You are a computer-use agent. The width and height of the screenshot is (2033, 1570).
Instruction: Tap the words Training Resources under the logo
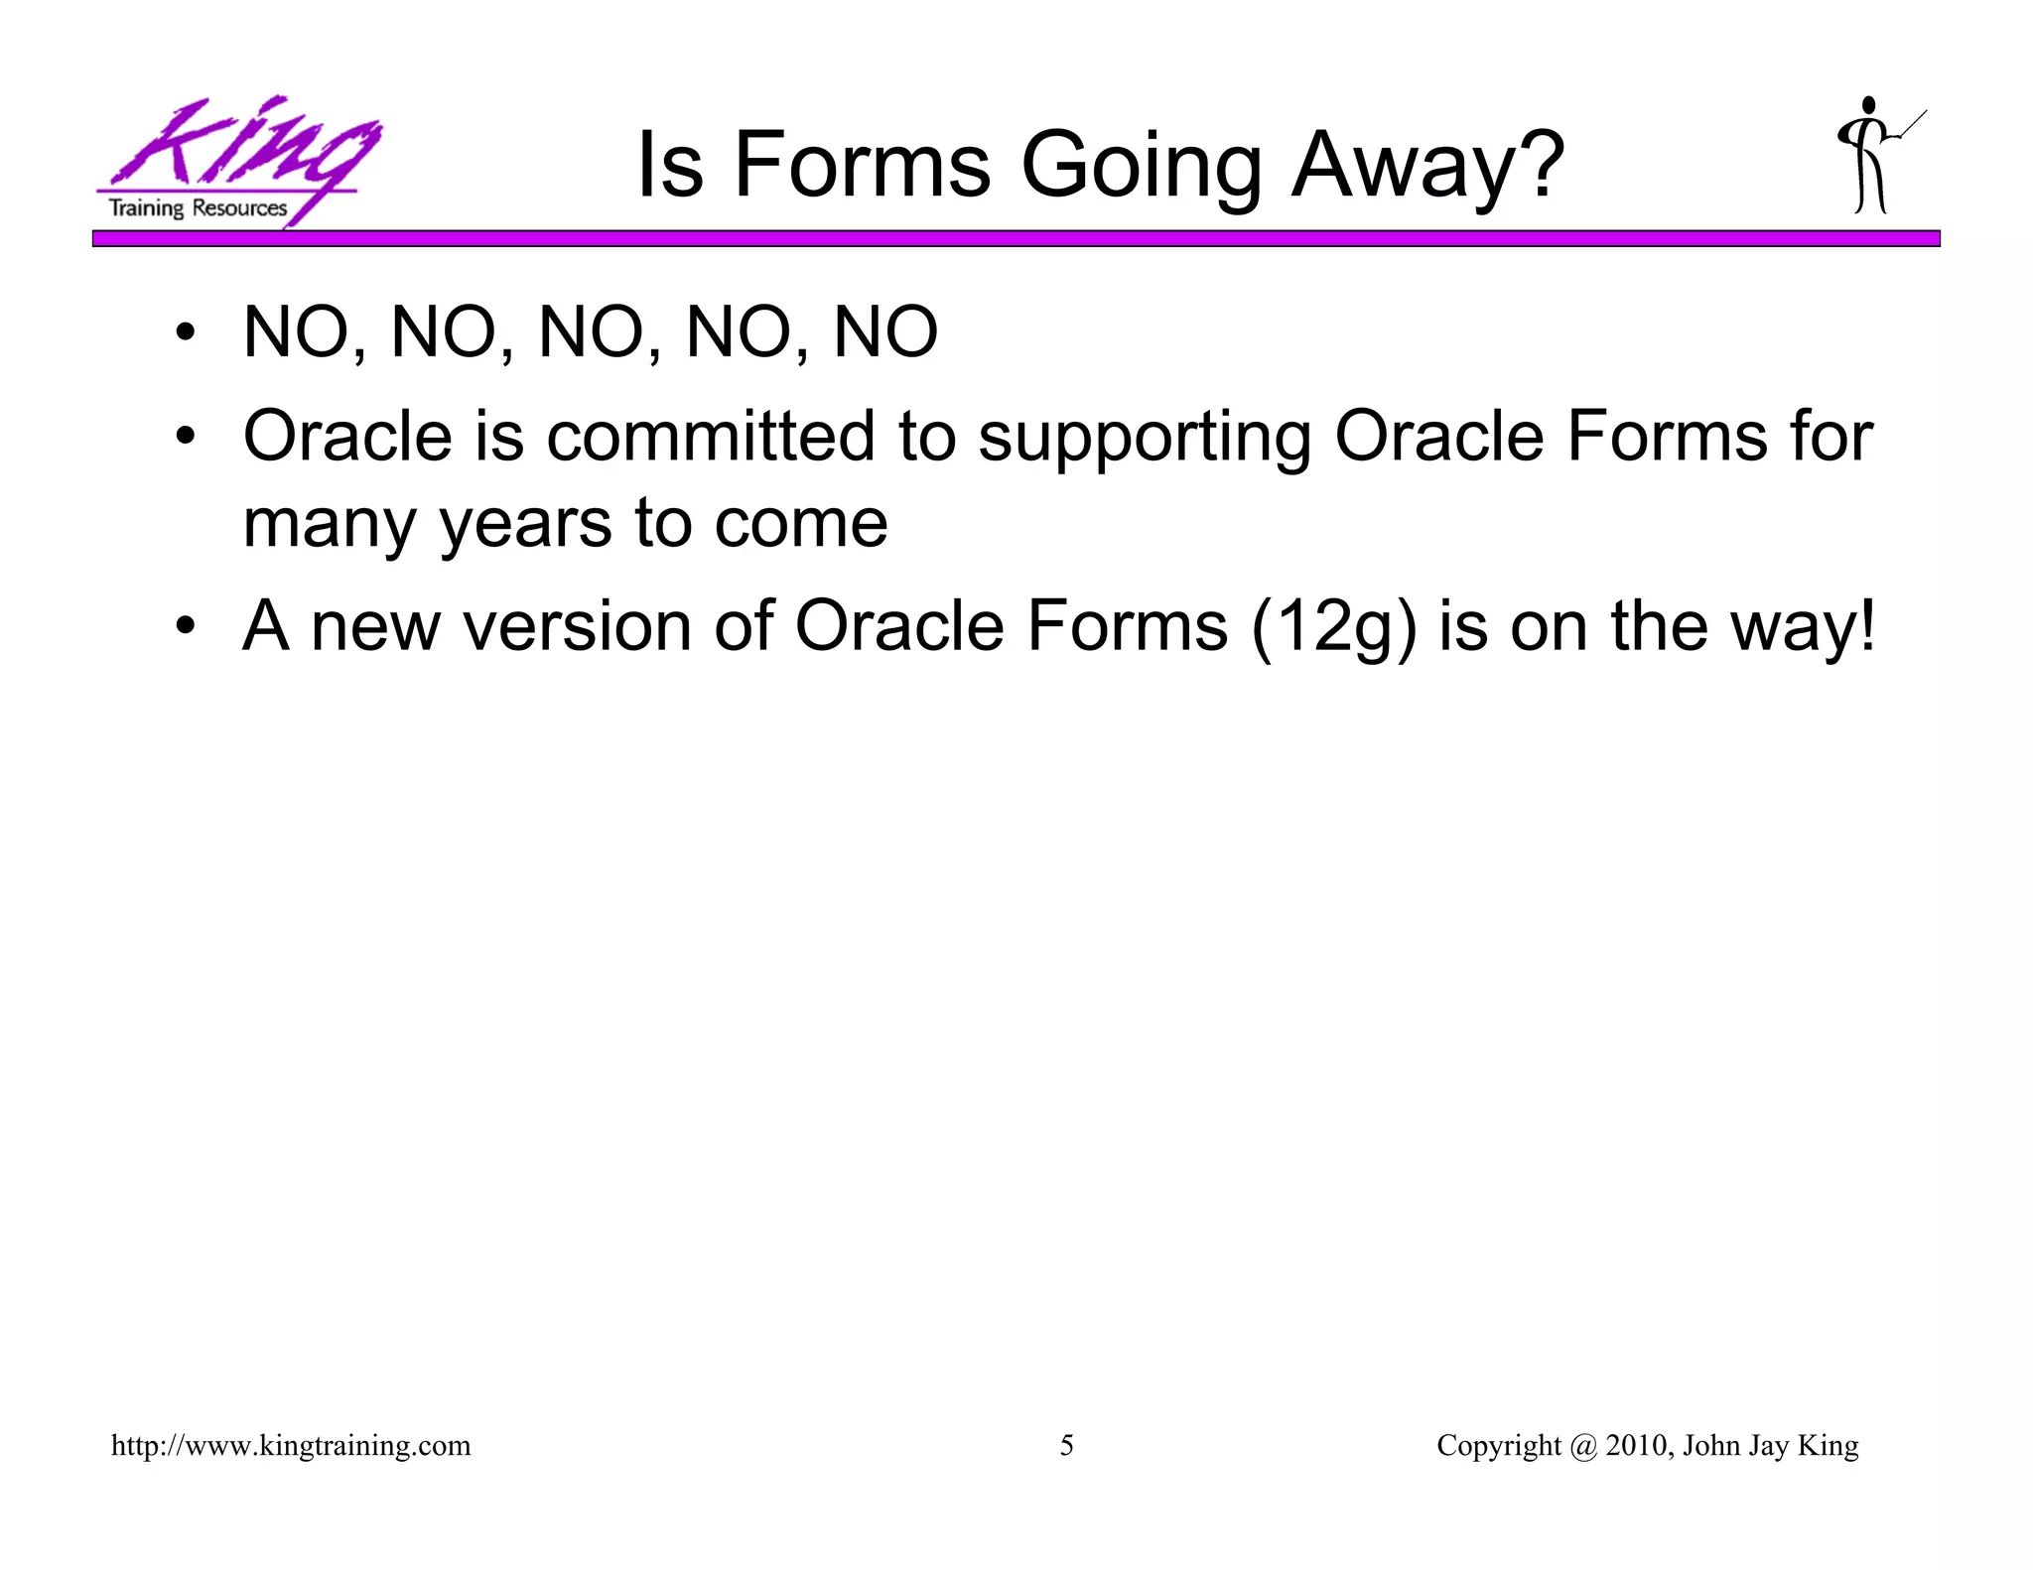198,208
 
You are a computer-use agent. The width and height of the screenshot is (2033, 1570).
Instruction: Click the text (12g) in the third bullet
1333,627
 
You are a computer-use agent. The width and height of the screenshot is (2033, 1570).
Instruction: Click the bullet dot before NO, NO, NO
185,333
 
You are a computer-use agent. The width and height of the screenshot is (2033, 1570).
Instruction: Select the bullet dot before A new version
185,627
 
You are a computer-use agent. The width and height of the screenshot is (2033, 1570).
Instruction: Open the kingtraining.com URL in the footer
291,1445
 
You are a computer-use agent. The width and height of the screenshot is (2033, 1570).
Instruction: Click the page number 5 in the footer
1066,1445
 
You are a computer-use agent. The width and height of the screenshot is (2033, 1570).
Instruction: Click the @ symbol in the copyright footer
1583,1445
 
